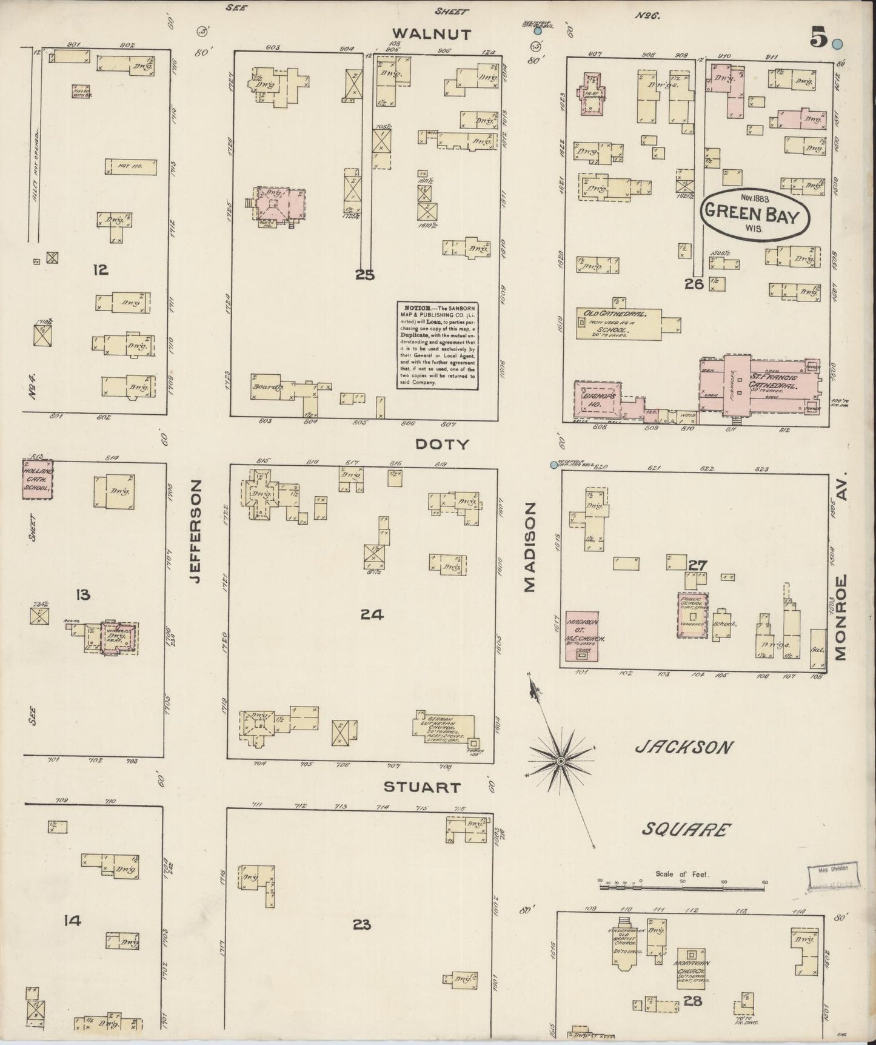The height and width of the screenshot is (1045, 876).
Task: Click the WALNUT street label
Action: [431, 34]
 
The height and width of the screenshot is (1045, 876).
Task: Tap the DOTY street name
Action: [442, 444]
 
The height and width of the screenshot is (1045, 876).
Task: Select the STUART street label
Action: [422, 787]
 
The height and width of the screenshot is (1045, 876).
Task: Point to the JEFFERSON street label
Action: [194, 531]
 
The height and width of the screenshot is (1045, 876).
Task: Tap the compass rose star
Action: [561, 759]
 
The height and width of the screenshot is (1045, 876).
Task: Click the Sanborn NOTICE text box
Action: [436, 344]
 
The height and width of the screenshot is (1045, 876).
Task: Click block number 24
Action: [371, 614]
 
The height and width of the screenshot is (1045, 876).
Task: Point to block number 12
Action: [100, 269]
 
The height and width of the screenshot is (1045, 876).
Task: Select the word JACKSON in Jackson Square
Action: [684, 747]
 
